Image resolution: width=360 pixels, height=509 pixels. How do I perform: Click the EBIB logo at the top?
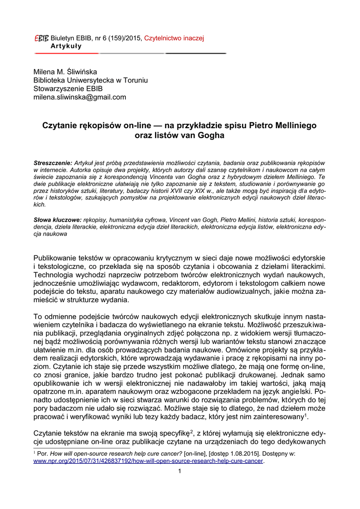pyautogui.click(x=41, y=38)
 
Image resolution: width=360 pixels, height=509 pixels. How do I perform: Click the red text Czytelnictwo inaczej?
pyautogui.click(x=174, y=38)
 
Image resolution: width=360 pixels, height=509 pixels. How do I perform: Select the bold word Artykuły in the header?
pyautogui.click(x=66, y=46)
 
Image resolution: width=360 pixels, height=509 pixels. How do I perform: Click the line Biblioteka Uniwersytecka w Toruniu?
pyautogui.click(x=90, y=80)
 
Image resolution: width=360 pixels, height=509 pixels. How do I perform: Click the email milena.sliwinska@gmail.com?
pyautogui.click(x=80, y=97)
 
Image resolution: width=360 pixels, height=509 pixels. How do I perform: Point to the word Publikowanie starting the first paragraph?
pyautogui.click(x=58, y=258)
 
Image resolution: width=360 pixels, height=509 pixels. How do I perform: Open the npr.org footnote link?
pyautogui.click(x=148, y=461)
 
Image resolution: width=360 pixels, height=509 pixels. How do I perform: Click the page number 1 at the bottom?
pyautogui.click(x=180, y=471)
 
